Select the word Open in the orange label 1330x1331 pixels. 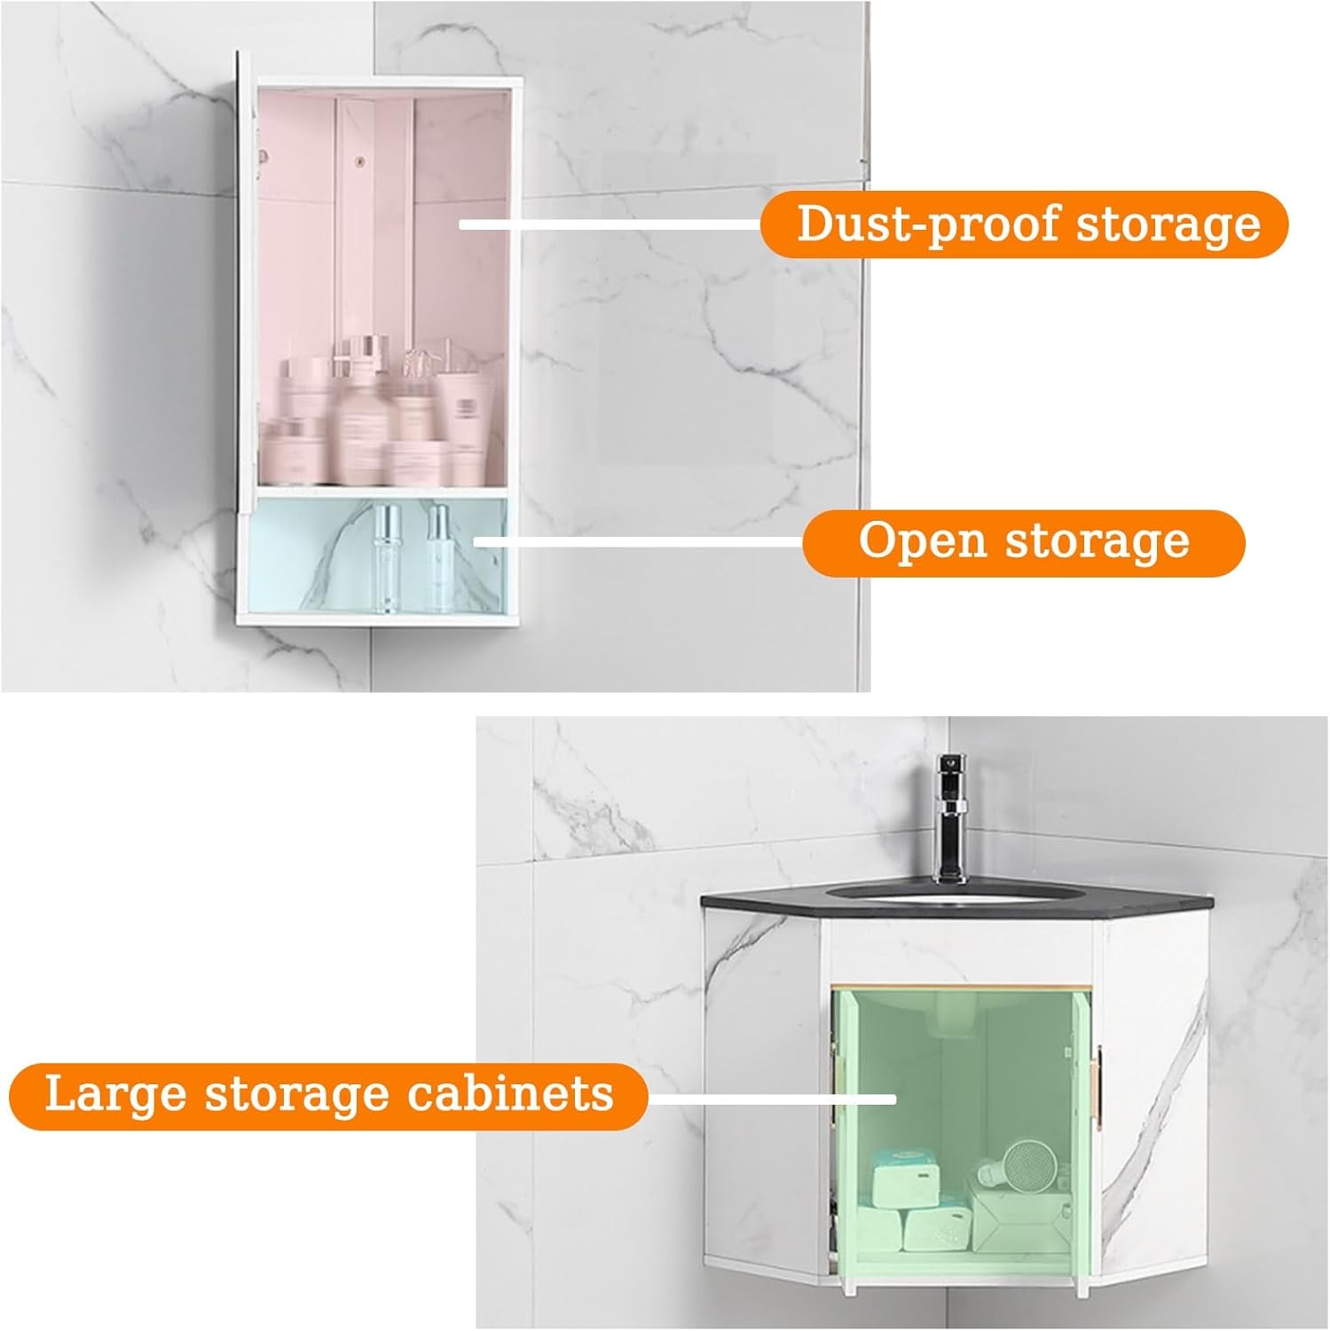point(922,540)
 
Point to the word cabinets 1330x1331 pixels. point(510,1093)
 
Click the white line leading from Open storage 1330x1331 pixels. point(639,539)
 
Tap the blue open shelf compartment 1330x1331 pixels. point(319,559)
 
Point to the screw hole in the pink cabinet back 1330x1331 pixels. point(361,161)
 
